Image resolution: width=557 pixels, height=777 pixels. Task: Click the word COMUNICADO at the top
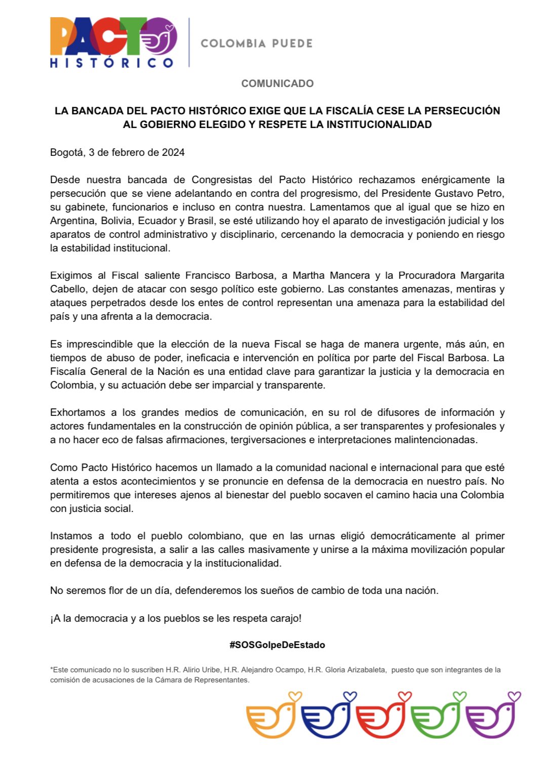tap(277, 83)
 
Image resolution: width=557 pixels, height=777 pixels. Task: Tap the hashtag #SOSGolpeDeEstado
tap(277, 645)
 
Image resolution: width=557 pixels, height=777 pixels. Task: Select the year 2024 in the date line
tap(173, 152)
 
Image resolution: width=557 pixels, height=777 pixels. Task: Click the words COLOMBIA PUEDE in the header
tap(257, 44)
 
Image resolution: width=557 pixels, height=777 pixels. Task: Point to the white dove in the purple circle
tap(159, 39)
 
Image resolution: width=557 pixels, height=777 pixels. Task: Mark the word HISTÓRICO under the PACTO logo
tap(111, 63)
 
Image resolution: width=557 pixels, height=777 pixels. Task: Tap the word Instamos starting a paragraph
tap(71, 536)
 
